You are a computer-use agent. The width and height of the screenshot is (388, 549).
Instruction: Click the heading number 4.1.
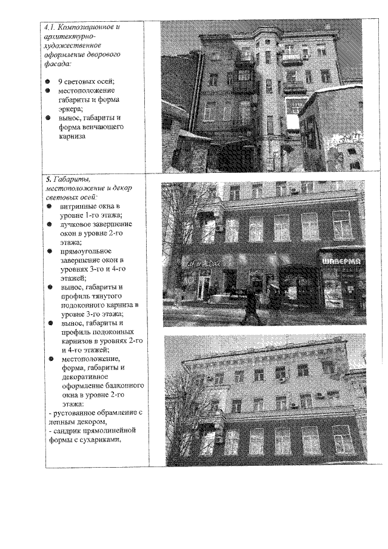coord(52,27)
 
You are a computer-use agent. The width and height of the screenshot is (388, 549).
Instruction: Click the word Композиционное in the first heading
coord(91,27)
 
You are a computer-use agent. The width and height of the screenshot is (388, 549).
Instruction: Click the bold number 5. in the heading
coord(48,180)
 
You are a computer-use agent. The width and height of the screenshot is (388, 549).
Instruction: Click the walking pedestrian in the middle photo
coord(250,306)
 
